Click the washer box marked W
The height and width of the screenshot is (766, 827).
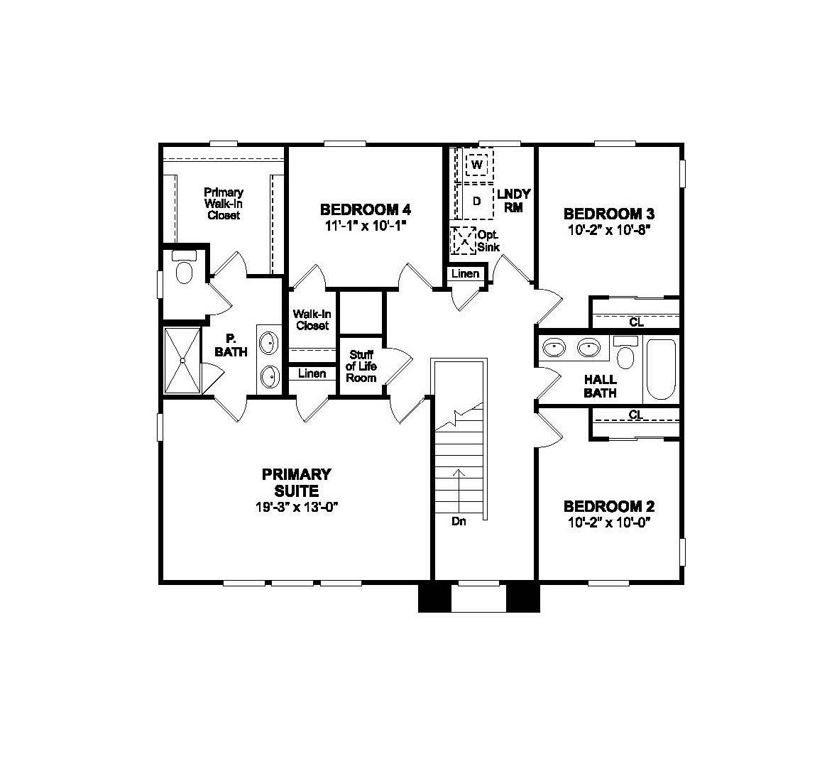coord(477,165)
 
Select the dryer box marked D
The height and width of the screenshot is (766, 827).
coord(476,201)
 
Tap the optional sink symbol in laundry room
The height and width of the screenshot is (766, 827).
coord(464,240)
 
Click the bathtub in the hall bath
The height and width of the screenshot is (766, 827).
coord(661,370)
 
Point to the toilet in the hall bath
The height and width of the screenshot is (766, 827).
coord(625,353)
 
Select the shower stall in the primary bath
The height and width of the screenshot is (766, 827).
coord(182,360)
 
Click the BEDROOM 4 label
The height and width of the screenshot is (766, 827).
coord(365,209)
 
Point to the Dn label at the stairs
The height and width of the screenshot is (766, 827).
coord(459,521)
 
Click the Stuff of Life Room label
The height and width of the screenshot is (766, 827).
coord(361,366)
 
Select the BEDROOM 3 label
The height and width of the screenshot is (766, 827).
coord(608,214)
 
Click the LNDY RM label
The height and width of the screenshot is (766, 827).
coord(514,200)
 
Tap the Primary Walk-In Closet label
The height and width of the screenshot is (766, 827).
coord(224,204)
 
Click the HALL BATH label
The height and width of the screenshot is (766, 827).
coord(600,386)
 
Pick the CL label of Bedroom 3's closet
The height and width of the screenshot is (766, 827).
coord(636,322)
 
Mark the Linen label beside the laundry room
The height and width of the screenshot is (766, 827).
coord(465,273)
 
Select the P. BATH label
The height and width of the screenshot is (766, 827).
coord(231,345)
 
